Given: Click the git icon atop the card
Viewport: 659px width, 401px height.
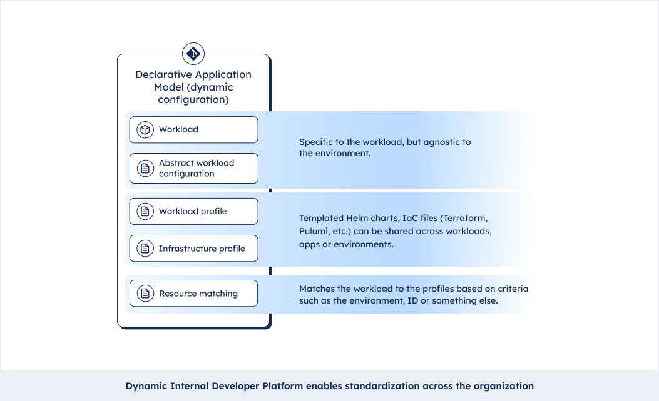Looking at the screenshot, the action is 193,54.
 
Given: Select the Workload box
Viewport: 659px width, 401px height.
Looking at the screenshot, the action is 194,130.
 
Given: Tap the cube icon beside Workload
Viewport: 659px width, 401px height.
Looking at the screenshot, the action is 145,130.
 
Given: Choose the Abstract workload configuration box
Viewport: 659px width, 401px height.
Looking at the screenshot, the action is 194,168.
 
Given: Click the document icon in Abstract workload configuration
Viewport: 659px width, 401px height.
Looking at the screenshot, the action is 145,168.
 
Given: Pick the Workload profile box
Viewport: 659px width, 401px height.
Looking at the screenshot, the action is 194,211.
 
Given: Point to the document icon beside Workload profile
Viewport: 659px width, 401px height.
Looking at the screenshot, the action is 145,211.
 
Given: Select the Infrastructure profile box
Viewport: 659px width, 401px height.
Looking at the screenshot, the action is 194,249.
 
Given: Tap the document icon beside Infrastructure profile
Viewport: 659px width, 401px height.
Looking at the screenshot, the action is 145,249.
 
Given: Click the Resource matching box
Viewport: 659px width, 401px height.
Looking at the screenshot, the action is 194,293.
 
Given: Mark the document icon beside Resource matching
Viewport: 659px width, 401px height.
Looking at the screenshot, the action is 145,293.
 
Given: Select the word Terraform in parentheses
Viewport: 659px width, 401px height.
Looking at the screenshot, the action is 464,219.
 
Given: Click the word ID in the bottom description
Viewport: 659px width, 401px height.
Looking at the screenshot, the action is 412,300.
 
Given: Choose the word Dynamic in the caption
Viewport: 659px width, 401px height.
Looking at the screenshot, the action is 146,386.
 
